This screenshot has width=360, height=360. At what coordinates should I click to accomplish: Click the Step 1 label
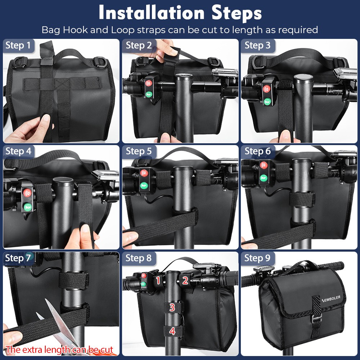click(x=18, y=45)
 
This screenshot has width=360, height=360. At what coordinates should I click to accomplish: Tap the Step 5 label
click(x=139, y=151)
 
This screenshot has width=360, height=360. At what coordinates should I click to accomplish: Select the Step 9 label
click(x=257, y=258)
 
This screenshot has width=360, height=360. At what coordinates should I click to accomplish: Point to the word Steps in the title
click(x=237, y=13)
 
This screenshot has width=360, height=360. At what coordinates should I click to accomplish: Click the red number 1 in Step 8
click(x=158, y=280)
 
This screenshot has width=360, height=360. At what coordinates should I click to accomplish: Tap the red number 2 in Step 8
click(x=185, y=280)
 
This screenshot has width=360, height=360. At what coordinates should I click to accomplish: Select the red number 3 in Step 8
click(x=172, y=307)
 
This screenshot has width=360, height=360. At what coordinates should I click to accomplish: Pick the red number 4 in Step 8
click(x=172, y=331)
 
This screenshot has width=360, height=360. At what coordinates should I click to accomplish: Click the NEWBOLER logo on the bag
click(x=331, y=299)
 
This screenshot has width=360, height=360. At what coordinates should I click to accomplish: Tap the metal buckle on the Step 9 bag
click(x=316, y=318)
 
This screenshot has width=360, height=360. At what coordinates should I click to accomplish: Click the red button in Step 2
click(x=149, y=83)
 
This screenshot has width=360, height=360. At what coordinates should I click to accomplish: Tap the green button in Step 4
click(x=28, y=207)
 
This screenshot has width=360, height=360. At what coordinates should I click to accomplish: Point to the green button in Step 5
click(x=144, y=185)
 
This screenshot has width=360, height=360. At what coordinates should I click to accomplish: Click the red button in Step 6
click(x=264, y=165)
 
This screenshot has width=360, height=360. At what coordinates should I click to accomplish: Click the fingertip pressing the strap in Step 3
click(x=285, y=135)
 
